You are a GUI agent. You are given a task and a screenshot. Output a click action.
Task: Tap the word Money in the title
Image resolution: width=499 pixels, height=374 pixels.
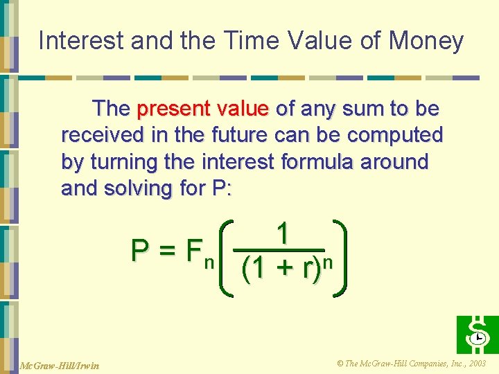tap(426, 42)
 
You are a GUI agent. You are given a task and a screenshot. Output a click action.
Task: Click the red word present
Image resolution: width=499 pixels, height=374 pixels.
tap(173, 109)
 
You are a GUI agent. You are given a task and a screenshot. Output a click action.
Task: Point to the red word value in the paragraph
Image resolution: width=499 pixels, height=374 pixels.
tap(243, 109)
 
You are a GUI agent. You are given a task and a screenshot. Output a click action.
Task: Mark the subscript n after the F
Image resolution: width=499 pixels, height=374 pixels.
tap(208, 262)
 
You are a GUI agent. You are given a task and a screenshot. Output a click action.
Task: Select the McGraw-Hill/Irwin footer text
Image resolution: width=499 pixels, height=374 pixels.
tap(51, 365)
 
